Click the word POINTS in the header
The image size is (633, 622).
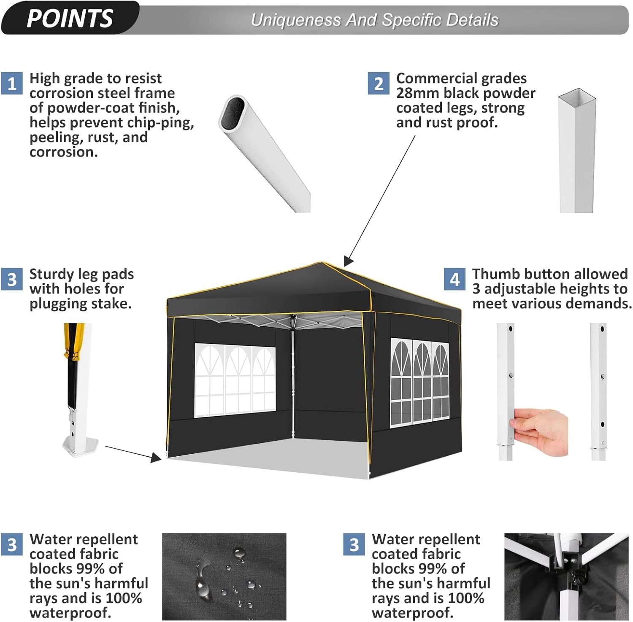click(x=70, y=18)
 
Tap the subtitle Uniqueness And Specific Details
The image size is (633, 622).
click(x=374, y=20)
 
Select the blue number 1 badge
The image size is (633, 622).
click(x=12, y=83)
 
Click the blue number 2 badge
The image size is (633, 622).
click(x=379, y=83)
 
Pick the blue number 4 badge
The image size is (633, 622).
click(x=454, y=279)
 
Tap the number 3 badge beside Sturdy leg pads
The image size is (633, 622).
click(x=12, y=279)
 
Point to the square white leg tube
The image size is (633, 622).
click(x=577, y=152)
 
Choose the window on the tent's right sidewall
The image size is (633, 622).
click(x=419, y=382)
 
